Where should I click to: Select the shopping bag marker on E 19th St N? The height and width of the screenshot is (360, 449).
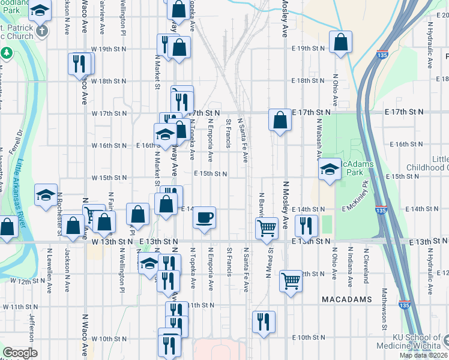click(x=340, y=43)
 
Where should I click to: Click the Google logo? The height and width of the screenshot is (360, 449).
click(x=20, y=353)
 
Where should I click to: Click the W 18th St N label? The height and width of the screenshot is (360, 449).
click(x=109, y=80)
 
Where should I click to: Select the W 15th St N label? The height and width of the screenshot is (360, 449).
click(x=109, y=178)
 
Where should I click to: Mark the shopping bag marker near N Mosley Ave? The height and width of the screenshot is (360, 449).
click(x=280, y=120)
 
